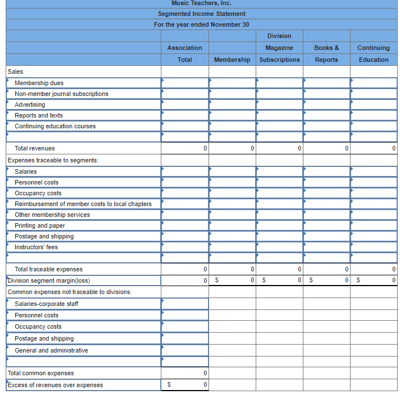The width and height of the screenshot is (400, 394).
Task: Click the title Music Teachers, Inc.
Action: click(201, 3)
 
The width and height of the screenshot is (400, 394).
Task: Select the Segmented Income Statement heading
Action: click(201, 14)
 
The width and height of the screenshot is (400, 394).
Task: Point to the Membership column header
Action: click(232, 60)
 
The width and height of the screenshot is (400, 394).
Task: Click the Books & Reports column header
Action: click(326, 54)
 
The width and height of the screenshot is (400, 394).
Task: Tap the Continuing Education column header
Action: click(373, 54)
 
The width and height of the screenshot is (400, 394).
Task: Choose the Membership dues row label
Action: click(39, 83)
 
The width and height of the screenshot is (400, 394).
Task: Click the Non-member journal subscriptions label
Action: click(61, 94)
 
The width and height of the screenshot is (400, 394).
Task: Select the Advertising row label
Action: click(30, 104)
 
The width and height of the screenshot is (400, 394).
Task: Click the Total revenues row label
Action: click(35, 148)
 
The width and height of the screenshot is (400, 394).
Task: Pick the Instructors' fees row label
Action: click(36, 247)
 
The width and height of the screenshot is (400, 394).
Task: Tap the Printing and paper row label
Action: click(40, 225)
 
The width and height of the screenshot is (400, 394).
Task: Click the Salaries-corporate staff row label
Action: click(47, 304)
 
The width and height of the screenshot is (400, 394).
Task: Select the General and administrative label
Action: click(52, 350)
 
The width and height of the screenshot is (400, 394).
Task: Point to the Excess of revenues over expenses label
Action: click(55, 385)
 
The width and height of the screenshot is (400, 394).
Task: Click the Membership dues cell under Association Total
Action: click(185, 83)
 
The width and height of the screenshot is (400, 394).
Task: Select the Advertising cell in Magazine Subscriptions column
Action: click(279, 104)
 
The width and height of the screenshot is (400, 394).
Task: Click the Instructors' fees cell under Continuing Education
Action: click(373, 247)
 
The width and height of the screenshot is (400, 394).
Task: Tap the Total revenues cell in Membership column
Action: click(232, 148)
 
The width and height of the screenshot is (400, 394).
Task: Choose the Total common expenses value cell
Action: click(185, 373)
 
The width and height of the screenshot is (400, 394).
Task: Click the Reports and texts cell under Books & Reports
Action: click(326, 115)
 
